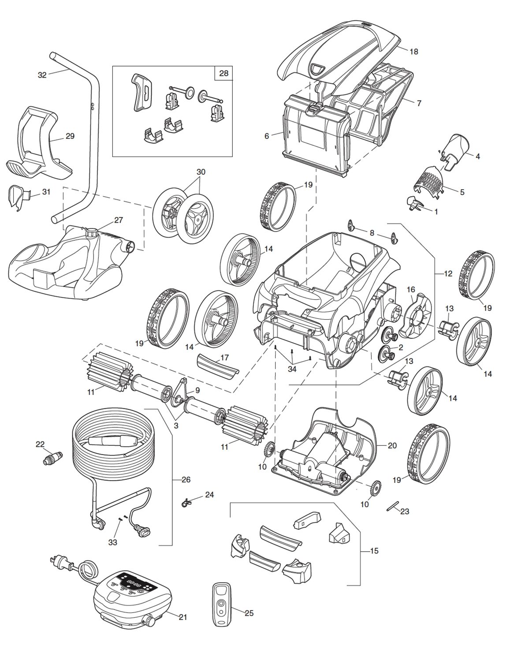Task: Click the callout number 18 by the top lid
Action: (x=413, y=52)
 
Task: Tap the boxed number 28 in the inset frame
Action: (x=223, y=73)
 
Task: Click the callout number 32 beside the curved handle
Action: (x=42, y=75)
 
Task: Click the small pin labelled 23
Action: (x=391, y=507)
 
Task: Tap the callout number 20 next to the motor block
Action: (x=392, y=445)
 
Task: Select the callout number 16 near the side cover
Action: (x=411, y=290)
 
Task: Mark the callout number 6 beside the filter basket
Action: (x=267, y=136)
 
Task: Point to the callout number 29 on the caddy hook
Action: (x=70, y=136)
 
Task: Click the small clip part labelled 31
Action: (x=16, y=197)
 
